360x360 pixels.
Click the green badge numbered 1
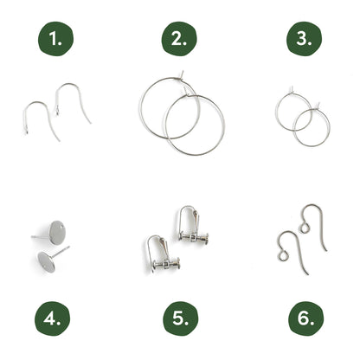(56, 39)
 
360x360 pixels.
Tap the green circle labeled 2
(179, 38)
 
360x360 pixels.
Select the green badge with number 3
(304, 38)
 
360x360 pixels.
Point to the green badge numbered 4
(53, 318)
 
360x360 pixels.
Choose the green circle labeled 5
(181, 318)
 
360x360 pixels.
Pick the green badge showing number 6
(306, 318)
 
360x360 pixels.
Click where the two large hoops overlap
(183, 117)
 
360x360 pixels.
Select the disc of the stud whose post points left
(57, 233)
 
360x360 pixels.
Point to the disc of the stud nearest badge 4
(46, 262)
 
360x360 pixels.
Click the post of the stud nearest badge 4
(61, 252)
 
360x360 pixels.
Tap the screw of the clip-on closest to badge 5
(166, 264)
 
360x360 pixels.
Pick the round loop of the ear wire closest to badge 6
(283, 256)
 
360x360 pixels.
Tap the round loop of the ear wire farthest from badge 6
(304, 228)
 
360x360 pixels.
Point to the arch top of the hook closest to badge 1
(36, 102)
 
